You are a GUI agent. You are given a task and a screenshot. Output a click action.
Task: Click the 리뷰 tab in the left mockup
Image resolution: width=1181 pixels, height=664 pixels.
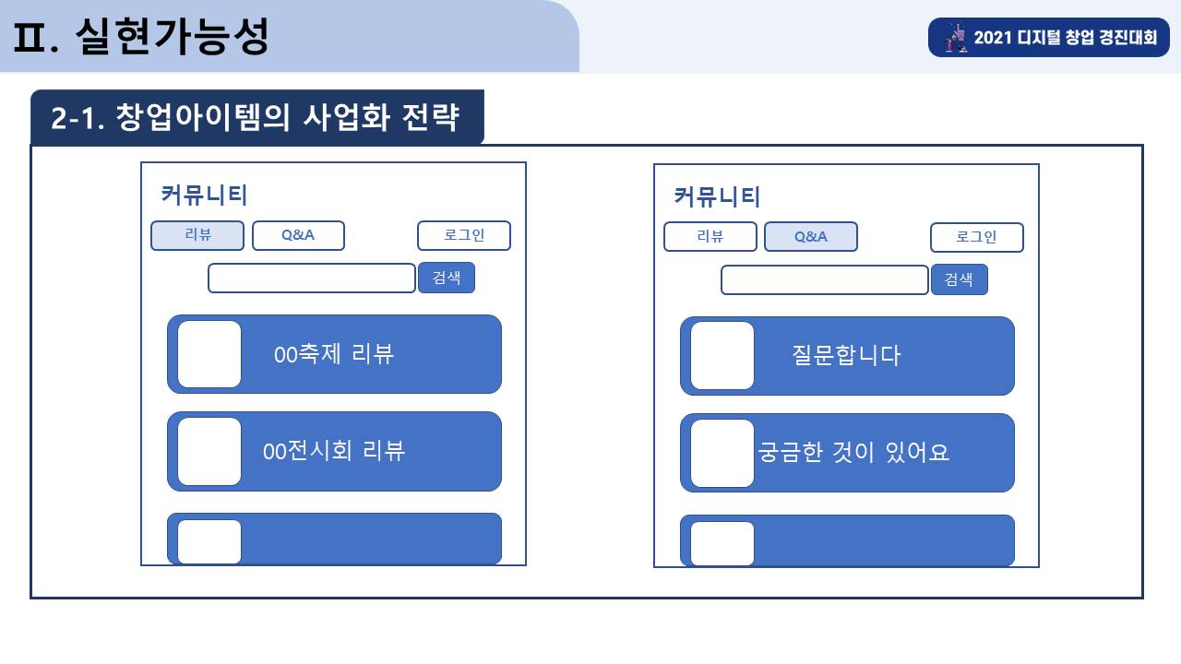point(197,235)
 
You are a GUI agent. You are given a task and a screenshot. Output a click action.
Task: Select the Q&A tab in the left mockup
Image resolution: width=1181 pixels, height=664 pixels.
point(298,235)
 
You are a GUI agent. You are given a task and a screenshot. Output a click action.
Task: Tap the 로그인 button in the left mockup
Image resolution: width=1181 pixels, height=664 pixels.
point(464,235)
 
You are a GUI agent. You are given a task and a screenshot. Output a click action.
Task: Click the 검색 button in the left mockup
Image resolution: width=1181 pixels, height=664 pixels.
point(447,278)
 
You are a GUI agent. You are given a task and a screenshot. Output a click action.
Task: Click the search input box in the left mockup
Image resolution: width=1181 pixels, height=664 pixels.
point(312,279)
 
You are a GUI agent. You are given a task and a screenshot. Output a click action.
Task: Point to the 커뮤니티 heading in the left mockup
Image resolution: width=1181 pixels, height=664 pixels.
point(204,195)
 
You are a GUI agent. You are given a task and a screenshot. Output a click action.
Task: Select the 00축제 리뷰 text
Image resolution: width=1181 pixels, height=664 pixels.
point(334,354)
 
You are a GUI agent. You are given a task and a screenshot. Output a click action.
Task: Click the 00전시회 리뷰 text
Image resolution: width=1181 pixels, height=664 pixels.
point(334,451)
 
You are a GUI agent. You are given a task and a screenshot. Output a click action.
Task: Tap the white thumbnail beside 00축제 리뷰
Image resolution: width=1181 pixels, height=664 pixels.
point(209,354)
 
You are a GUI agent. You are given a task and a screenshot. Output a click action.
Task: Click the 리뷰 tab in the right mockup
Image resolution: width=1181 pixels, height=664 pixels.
point(710,237)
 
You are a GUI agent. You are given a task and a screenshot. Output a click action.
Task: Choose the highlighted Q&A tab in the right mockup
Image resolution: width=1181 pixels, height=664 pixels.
point(811,237)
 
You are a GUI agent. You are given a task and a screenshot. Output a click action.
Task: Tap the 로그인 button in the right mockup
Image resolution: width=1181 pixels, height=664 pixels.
point(977,237)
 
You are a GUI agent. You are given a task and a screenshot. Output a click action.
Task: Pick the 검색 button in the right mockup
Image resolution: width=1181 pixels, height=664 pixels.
point(960,279)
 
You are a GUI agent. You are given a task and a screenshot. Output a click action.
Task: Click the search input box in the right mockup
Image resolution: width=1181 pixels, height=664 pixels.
point(825,279)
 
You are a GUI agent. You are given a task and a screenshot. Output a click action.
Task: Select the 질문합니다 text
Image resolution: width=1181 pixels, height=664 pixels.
point(846,356)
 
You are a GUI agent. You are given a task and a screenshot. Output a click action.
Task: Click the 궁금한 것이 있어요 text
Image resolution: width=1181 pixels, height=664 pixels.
point(853,453)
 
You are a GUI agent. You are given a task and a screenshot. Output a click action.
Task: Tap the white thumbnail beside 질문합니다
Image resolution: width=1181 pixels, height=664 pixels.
point(722,356)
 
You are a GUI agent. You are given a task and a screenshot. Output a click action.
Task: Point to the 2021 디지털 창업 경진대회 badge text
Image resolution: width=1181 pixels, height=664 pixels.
point(1065,38)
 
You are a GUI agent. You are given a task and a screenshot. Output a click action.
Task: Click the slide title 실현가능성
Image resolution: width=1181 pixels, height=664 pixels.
point(173,36)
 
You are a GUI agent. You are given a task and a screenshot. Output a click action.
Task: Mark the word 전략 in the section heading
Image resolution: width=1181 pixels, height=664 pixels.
point(430,117)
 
